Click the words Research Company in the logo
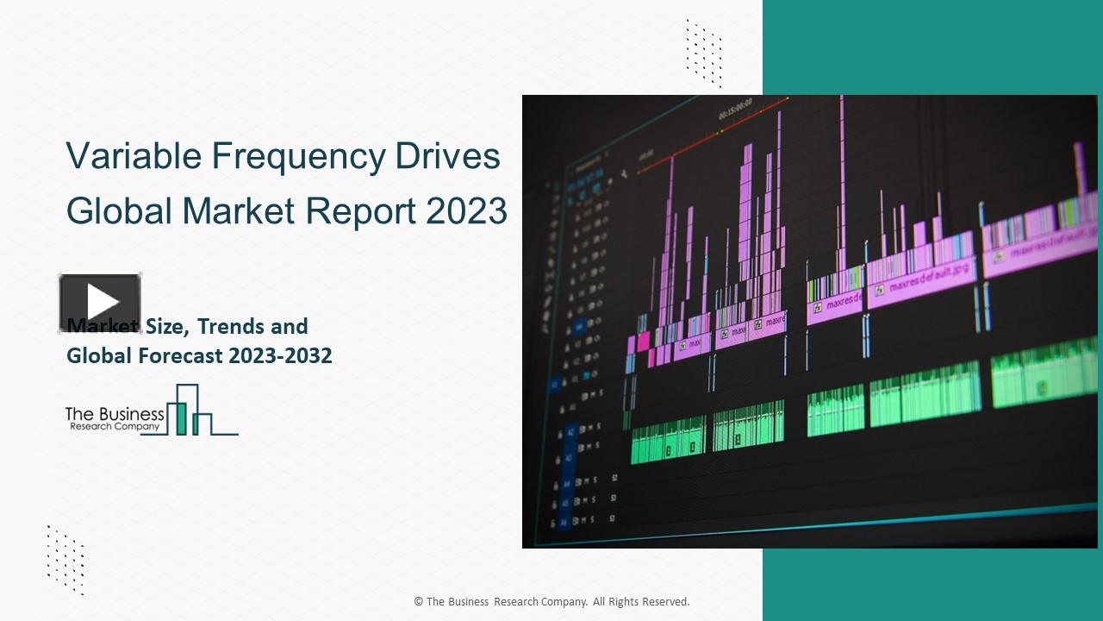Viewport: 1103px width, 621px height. [115, 426]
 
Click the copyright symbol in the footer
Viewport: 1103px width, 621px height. [418, 602]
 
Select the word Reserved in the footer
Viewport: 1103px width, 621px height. [664, 602]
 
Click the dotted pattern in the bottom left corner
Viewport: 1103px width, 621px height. [65, 559]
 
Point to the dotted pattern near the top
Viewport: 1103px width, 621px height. [704, 53]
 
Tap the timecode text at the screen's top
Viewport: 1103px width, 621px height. [735, 108]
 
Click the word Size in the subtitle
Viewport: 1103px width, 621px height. [164, 327]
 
